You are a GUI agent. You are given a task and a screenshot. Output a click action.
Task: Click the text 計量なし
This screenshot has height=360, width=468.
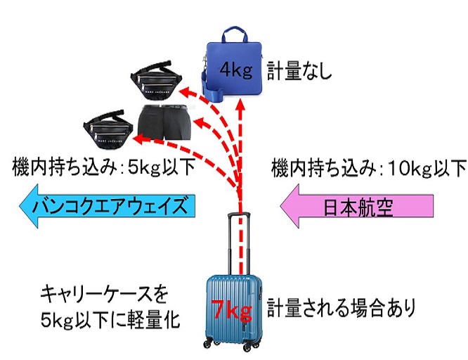point(298,70)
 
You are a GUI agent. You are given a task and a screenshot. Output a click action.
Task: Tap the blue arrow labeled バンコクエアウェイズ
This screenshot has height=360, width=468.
point(105,207)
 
